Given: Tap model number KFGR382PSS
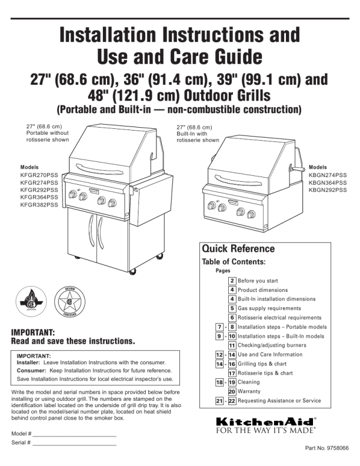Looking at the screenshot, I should pyautogui.click(x=39, y=205).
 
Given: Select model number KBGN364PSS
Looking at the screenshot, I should pyautogui.click(x=328, y=182).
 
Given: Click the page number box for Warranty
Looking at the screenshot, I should pyautogui.click(x=232, y=391).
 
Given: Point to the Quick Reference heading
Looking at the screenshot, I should pyautogui.click(x=238, y=248).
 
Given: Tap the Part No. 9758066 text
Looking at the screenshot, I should pyautogui.click(x=326, y=448).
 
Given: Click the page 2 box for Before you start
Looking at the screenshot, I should pyautogui.click(x=233, y=281).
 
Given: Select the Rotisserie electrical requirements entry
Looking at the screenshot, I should pyautogui.click(x=279, y=318).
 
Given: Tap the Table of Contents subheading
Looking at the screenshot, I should pyautogui.click(x=234, y=261).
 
